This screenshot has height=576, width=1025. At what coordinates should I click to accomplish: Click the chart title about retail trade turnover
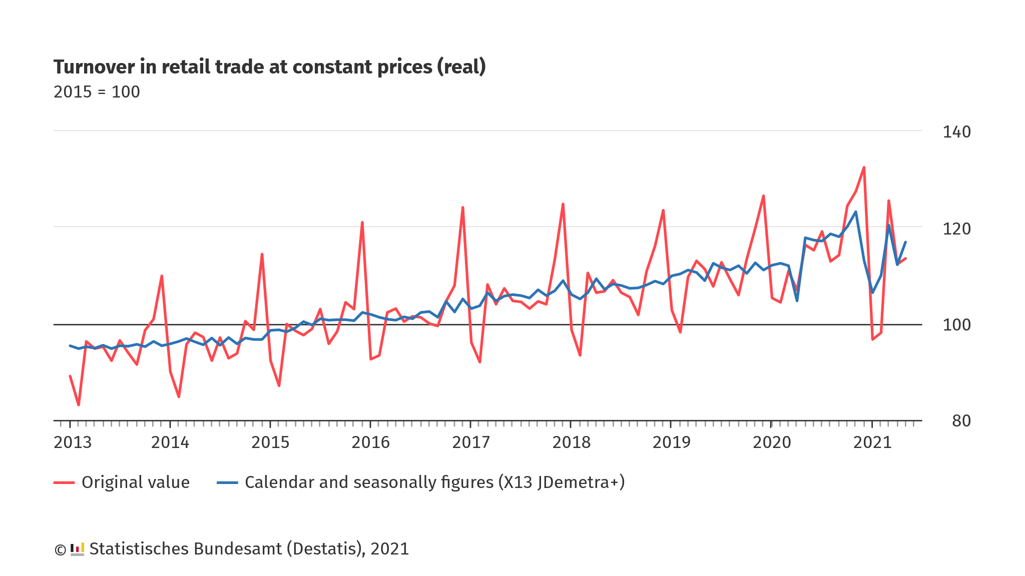[x=269, y=67]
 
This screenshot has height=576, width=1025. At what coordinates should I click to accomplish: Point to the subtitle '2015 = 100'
[x=97, y=92]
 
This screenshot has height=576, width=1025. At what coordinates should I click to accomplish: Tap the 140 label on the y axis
[x=956, y=132]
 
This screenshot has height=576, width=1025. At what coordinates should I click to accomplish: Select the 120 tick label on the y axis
[x=956, y=229]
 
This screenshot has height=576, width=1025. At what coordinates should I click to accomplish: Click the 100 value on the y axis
[x=956, y=325]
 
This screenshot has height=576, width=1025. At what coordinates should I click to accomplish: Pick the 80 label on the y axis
[x=961, y=421]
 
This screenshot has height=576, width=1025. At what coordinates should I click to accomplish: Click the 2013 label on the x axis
[x=73, y=442]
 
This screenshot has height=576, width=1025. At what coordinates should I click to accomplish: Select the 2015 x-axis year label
[x=270, y=442]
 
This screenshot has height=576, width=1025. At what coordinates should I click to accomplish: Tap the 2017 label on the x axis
[x=471, y=442]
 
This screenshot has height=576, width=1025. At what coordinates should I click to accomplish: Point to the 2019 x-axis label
[x=671, y=442]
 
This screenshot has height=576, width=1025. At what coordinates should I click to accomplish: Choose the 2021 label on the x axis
[x=872, y=442]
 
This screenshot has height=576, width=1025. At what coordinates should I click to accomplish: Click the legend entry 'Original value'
[x=135, y=482]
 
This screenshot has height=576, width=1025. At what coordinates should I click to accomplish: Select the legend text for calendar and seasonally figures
[x=434, y=482]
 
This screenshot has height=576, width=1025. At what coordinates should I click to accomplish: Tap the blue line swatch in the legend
[x=227, y=482]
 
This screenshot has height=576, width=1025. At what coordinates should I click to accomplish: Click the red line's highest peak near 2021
[x=864, y=167]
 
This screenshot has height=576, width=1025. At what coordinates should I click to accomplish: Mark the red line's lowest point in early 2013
[x=79, y=405]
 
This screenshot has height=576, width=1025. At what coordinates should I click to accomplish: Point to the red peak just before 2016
[x=362, y=222]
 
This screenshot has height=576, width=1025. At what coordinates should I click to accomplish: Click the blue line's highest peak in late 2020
[x=856, y=211]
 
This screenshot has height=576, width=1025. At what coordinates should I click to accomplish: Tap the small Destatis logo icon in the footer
[x=77, y=549]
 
